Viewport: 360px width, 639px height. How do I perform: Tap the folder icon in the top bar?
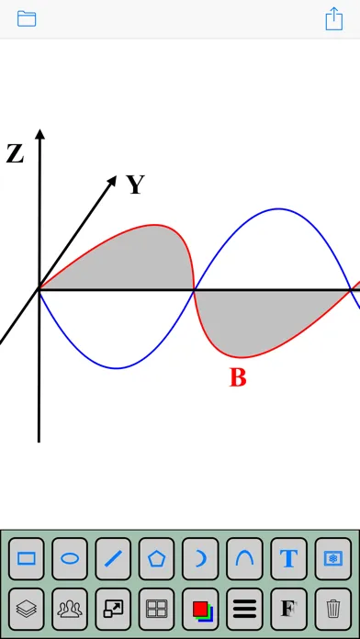coord(27,18)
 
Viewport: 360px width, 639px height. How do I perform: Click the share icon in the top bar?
coord(334,18)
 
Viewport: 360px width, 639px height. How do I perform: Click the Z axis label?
coord(15,154)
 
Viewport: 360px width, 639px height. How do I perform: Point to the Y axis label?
coord(136,185)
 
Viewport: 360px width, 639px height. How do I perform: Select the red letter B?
coord(238,377)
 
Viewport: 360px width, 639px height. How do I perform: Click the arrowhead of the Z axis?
coord(39,134)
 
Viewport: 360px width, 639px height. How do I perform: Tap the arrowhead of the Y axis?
coord(111,181)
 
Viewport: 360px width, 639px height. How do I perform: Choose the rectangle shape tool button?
coord(26,558)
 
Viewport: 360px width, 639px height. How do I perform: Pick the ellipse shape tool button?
coord(70,558)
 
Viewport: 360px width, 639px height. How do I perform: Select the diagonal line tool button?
coord(113,558)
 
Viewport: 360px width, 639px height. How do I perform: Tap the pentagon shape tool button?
coord(156,558)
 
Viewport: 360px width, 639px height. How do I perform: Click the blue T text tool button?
coord(288,558)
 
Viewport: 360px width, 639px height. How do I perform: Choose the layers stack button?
coord(26,609)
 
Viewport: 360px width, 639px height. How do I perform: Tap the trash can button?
coord(333,609)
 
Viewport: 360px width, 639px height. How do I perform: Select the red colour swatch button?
coord(200,609)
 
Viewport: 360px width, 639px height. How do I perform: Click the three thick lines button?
coord(244,609)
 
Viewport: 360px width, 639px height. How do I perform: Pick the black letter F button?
coord(288,609)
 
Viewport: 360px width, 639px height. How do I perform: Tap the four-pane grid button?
coord(156,609)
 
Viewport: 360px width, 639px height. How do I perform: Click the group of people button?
coord(70,609)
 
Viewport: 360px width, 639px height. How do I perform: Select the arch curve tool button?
coord(244,558)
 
